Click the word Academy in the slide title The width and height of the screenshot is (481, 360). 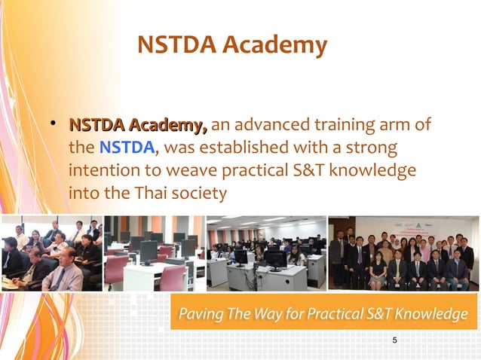point(283,46)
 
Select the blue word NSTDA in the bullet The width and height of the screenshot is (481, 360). point(126,146)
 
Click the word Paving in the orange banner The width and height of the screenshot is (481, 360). point(199,314)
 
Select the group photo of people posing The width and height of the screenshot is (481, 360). point(403,254)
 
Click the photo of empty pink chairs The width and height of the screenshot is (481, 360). point(153,254)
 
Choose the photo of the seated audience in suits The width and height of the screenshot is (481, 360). point(51,254)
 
